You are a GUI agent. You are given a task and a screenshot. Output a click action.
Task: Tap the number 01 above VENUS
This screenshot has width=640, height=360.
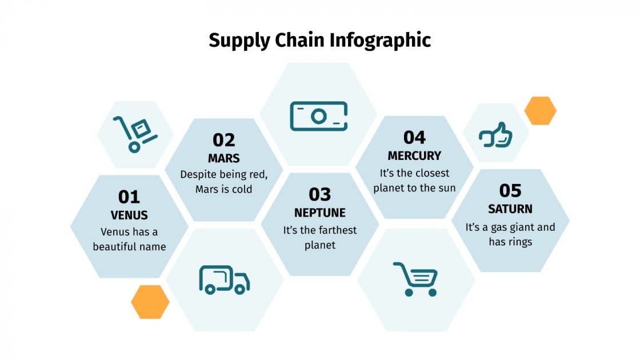point(129,197)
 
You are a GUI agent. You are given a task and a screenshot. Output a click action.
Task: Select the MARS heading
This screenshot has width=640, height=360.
point(224,158)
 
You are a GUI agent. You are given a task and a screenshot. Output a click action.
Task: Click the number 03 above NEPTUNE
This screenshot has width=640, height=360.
point(320,195)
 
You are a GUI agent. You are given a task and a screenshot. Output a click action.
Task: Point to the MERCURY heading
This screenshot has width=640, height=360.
point(414,155)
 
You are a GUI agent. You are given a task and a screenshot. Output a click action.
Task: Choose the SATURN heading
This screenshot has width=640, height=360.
point(510,209)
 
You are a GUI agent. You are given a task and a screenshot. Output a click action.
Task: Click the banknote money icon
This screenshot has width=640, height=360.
point(318,116)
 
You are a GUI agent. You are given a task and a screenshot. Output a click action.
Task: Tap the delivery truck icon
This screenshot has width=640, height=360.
point(224,279)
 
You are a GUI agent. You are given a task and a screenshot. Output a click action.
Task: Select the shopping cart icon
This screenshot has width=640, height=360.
point(415,279)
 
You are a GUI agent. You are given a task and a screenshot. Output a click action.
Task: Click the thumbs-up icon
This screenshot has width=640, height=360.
point(495,135)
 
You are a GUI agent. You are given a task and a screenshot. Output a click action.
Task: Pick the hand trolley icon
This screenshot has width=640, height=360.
point(135,134)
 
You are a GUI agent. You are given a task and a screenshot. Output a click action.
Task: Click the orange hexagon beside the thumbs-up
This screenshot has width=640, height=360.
point(540,111)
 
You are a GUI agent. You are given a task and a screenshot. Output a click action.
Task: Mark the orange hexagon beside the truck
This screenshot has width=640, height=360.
point(150,302)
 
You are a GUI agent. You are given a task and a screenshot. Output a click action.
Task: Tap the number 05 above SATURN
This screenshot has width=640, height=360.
point(510,190)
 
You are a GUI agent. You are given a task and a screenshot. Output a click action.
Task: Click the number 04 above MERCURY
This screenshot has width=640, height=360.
point(414,138)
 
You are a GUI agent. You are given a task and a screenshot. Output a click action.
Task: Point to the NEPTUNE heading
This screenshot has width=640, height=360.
point(320,213)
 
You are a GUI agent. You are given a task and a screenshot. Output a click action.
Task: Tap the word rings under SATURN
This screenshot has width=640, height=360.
point(519,242)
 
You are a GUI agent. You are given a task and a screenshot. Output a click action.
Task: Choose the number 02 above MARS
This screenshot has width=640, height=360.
point(224,140)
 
